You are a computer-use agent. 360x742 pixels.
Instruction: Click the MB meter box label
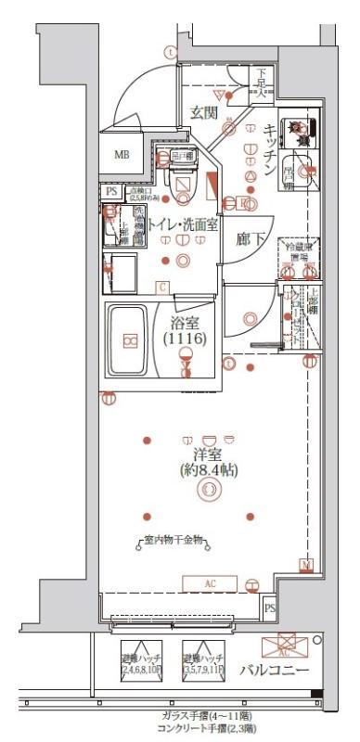(122, 154)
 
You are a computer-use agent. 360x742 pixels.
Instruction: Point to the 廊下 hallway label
(250, 239)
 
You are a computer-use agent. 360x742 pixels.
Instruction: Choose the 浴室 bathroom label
(185, 324)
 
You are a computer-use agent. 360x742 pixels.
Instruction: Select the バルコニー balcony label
(277, 671)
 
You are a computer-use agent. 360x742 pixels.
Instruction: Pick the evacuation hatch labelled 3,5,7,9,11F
(204, 660)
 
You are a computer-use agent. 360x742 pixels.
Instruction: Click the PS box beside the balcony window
(270, 608)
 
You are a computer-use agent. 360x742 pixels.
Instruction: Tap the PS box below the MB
(112, 192)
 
